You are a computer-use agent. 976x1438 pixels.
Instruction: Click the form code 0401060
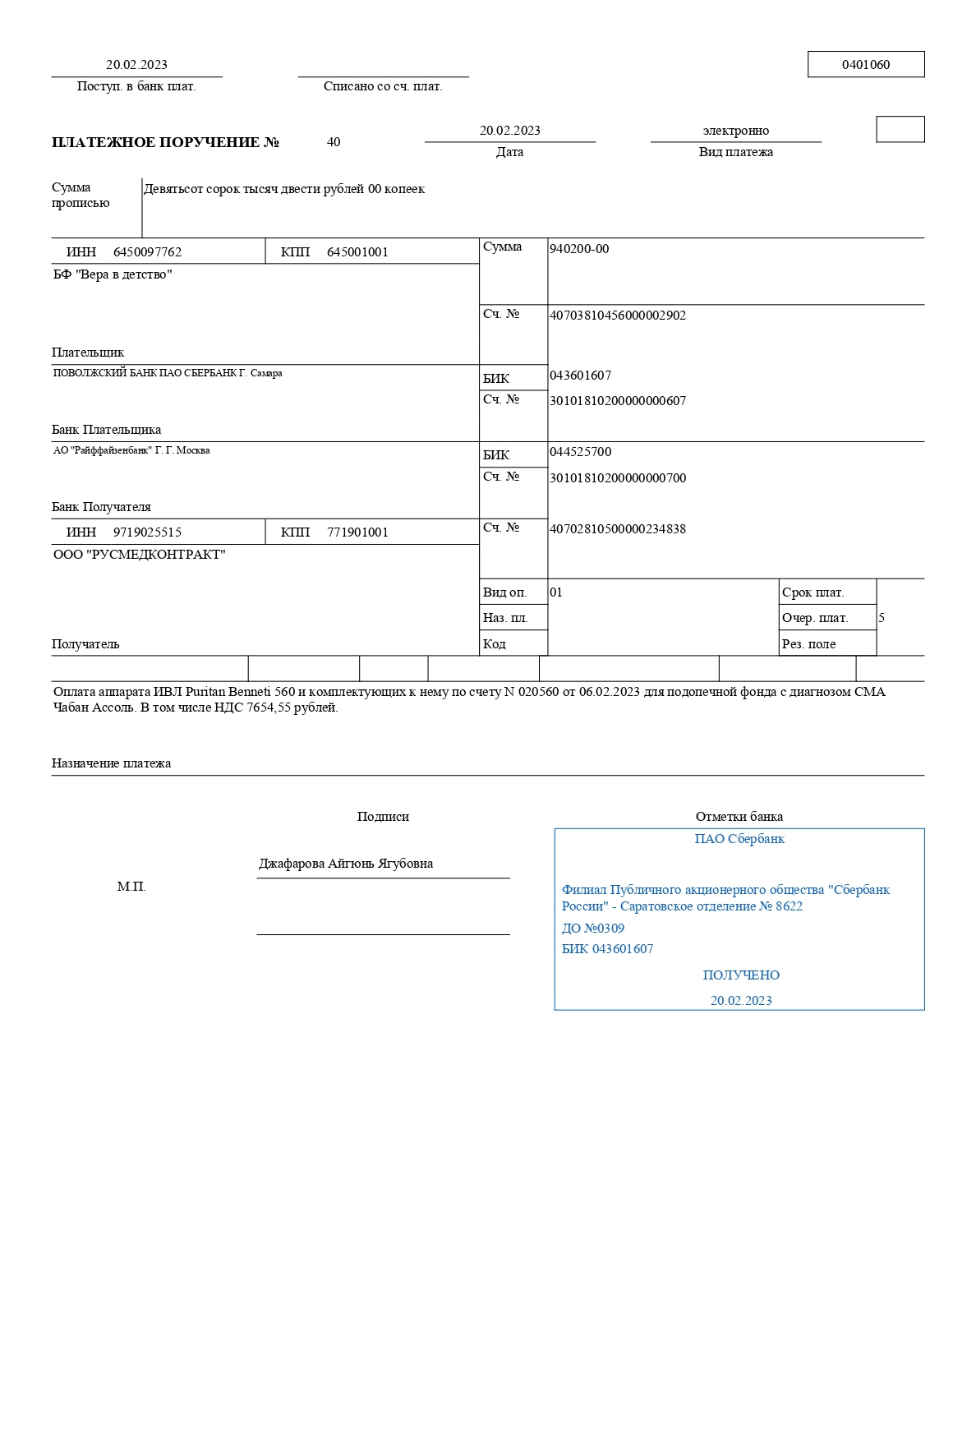pyautogui.click(x=865, y=65)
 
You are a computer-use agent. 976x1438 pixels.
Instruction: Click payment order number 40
pyautogui.click(x=334, y=142)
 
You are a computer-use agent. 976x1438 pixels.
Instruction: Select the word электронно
pyautogui.click(x=735, y=131)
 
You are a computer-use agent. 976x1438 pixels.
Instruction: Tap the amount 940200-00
pyautogui.click(x=579, y=249)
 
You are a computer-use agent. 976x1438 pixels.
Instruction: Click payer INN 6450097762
pyautogui.click(x=147, y=252)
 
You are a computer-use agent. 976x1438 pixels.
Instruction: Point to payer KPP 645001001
pyautogui.click(x=357, y=252)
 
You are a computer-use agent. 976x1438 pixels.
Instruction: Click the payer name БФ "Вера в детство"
pyautogui.click(x=113, y=274)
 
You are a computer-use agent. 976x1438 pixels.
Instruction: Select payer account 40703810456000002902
pyautogui.click(x=617, y=316)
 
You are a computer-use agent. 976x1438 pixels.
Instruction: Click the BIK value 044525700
pyautogui.click(x=580, y=452)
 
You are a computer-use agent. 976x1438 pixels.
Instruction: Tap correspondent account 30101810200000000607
pyautogui.click(x=617, y=401)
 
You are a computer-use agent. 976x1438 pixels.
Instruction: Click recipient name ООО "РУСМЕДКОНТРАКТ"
pyautogui.click(x=139, y=555)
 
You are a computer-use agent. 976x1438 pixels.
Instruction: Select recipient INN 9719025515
pyautogui.click(x=147, y=532)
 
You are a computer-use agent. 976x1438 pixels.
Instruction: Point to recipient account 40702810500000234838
pyautogui.click(x=617, y=529)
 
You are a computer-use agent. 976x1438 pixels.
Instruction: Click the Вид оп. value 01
pyautogui.click(x=556, y=592)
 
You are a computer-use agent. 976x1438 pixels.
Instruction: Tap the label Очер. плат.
pyautogui.click(x=815, y=618)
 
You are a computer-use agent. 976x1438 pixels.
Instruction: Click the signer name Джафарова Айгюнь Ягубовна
pyautogui.click(x=346, y=864)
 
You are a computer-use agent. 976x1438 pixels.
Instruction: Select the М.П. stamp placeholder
pyautogui.click(x=131, y=887)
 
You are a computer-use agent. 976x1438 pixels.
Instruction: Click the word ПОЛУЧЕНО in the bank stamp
pyautogui.click(x=741, y=975)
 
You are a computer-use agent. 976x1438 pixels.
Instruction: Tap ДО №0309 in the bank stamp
pyautogui.click(x=592, y=929)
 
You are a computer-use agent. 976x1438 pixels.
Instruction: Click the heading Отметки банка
pyautogui.click(x=739, y=817)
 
